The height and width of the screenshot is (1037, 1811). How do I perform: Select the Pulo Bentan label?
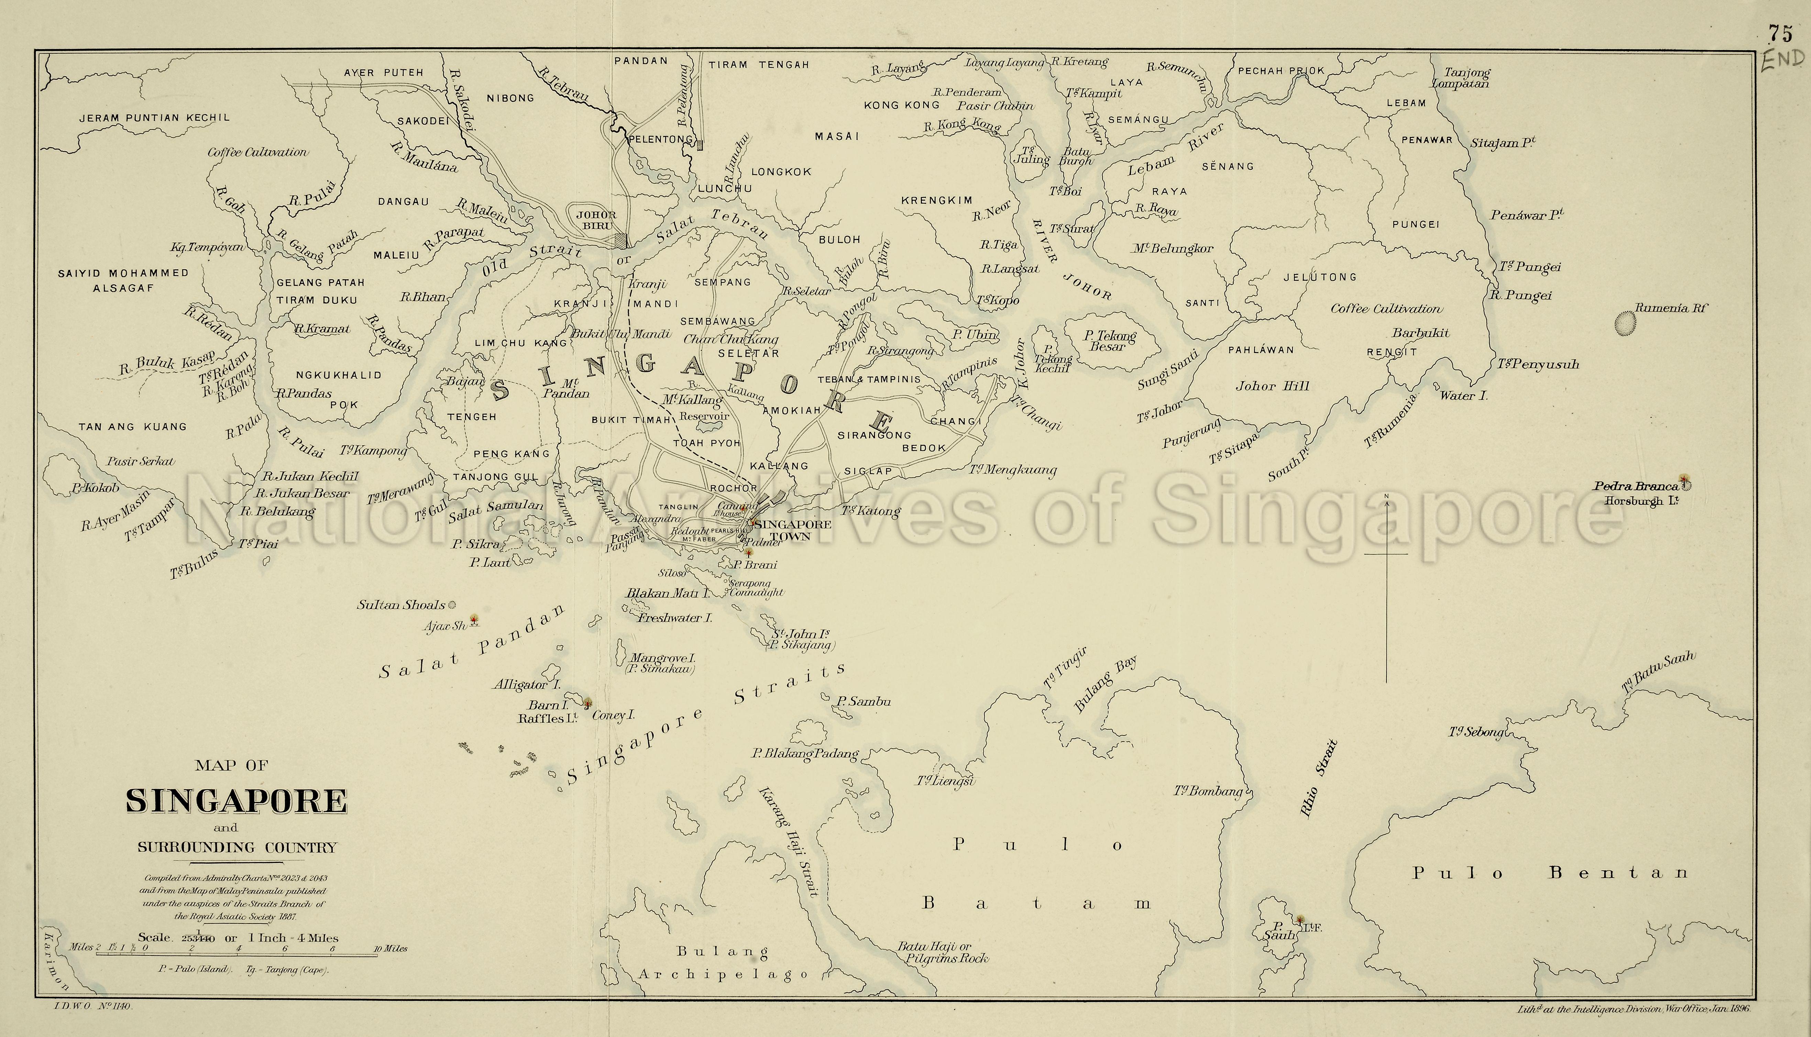pyautogui.click(x=1550, y=873)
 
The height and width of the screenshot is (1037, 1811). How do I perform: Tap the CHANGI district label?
pyautogui.click(x=955, y=421)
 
